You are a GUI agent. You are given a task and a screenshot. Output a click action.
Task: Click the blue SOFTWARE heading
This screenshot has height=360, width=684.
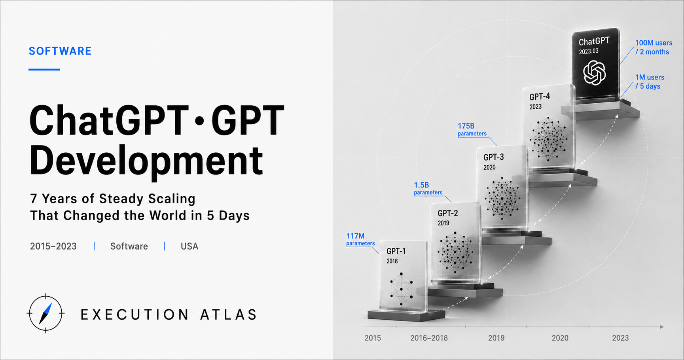pos(60,51)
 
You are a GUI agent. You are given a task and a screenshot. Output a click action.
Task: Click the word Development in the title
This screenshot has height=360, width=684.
pos(146,160)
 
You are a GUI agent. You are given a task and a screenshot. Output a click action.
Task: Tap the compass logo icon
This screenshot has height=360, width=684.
pos(45,313)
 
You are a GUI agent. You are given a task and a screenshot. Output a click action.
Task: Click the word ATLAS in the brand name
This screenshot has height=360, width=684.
pos(229,315)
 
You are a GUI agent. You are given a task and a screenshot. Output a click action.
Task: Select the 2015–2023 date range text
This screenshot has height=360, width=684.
pos(53,246)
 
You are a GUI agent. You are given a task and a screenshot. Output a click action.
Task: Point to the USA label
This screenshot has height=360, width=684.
pos(189,246)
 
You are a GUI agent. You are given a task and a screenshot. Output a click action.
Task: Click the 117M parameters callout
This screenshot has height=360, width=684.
pos(360,239)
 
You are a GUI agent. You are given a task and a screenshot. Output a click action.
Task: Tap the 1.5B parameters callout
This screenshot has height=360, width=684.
pos(428,188)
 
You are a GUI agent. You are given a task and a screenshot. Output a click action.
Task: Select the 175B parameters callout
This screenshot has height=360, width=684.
pos(472,129)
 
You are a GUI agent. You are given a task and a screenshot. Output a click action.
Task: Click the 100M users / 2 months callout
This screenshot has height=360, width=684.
pos(654,47)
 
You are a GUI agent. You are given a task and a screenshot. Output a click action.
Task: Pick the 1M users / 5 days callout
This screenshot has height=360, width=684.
pos(650,81)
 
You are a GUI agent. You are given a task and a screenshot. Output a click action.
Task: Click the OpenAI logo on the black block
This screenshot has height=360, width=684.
pos(594,73)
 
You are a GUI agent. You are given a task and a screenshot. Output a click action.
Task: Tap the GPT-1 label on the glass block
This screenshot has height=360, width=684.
pos(396,251)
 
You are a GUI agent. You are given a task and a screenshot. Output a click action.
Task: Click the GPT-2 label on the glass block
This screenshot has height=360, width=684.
pos(447,213)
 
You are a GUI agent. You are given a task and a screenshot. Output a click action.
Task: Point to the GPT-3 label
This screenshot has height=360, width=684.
pos(494,157)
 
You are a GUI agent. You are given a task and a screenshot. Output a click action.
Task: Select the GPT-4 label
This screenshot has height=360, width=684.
pos(540,97)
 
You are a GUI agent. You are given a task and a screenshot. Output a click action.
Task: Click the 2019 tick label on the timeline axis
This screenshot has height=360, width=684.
pos(496,338)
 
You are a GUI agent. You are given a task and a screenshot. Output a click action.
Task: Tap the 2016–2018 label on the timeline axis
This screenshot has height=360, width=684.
pos(429,338)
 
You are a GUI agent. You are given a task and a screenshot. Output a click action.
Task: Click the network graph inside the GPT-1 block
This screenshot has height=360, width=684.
pos(401,289)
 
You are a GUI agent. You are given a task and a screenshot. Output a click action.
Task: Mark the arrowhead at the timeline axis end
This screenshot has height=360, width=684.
pos(662,327)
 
